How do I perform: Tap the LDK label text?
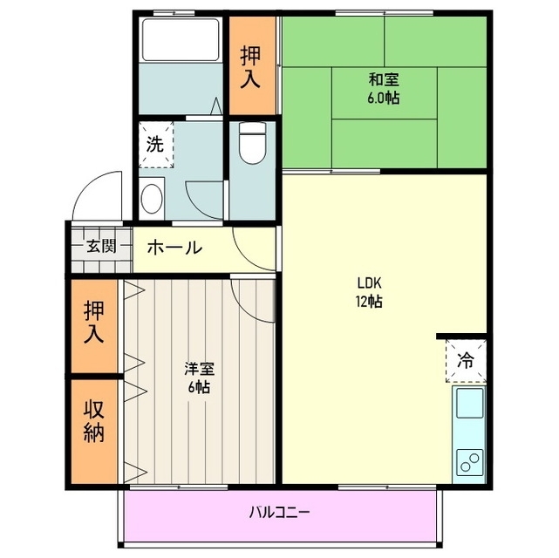tap(368, 282)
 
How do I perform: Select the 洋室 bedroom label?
tap(198, 369)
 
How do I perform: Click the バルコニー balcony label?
tap(279, 512)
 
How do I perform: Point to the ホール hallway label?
tap(174, 248)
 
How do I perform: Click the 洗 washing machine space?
tap(154, 145)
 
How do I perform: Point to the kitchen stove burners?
tap(469, 459)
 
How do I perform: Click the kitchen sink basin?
tap(468, 405)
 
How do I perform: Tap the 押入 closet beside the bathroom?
tap(251, 65)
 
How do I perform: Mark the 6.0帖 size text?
tap(384, 98)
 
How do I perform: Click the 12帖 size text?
tap(368, 302)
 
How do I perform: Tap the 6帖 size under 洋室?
tap(198, 387)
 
